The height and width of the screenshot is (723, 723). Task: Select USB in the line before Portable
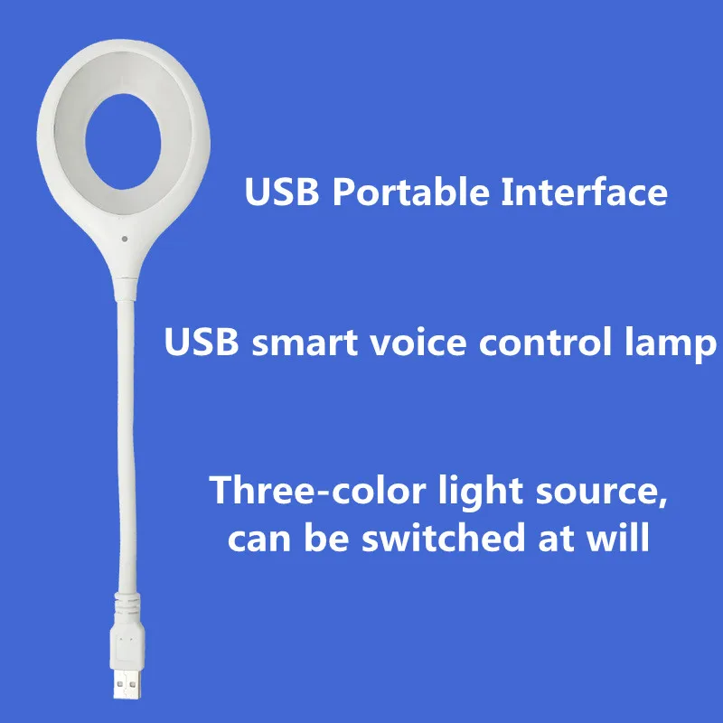coord(278,192)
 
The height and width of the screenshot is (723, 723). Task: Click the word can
coord(258,540)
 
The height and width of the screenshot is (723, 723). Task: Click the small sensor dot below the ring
coord(120,239)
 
